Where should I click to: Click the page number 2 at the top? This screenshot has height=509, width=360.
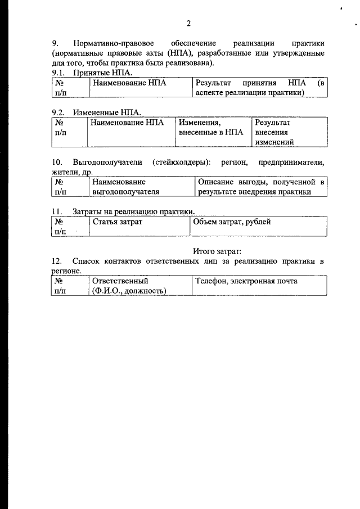(188, 23)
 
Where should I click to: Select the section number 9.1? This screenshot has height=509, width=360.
(58, 73)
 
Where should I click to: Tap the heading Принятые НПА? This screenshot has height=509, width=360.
(102, 73)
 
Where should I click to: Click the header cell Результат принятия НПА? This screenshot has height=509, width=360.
(259, 88)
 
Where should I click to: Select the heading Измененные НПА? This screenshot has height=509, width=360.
(106, 112)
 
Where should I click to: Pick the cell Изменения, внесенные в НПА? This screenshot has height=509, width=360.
(211, 127)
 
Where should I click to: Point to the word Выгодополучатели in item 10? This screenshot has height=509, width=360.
(105, 162)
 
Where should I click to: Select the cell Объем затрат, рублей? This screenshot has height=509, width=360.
(232, 222)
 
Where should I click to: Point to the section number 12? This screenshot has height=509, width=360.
(56, 261)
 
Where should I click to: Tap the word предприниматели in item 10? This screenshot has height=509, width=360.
(291, 162)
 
